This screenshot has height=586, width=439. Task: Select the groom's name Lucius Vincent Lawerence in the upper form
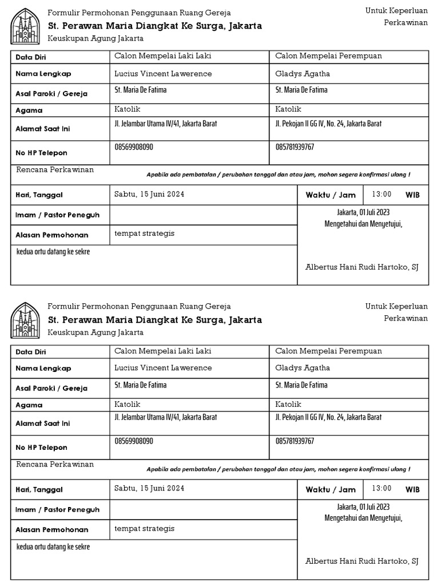pyautogui.click(x=163, y=74)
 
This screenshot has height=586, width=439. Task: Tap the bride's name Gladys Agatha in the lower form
pyautogui.click(x=302, y=368)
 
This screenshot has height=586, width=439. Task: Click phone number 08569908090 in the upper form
pyautogui.click(x=134, y=147)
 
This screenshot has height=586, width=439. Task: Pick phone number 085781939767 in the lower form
pyautogui.click(x=294, y=441)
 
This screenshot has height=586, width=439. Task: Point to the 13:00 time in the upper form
pyautogui.click(x=382, y=195)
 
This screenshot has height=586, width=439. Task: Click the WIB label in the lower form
pyautogui.click(x=412, y=489)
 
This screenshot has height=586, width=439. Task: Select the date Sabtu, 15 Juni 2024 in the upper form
pyautogui.click(x=149, y=195)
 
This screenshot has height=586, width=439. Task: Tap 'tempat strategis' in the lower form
pyautogui.click(x=144, y=528)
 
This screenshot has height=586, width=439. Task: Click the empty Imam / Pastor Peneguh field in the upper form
pyautogui.click(x=203, y=215)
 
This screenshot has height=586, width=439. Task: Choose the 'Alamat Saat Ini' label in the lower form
pyautogui.click(x=42, y=423)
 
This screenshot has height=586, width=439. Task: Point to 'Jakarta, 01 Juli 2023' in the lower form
pyautogui.click(x=363, y=507)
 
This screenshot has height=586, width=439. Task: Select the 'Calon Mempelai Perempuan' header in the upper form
pyautogui.click(x=328, y=56)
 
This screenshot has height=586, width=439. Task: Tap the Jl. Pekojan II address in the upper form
pyautogui.click(x=328, y=124)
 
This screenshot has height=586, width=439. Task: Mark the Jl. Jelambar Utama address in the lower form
pyautogui.click(x=166, y=418)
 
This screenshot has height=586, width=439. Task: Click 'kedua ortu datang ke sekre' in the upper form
pyautogui.click(x=53, y=252)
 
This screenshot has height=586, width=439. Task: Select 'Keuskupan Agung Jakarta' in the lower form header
pyautogui.click(x=95, y=332)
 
